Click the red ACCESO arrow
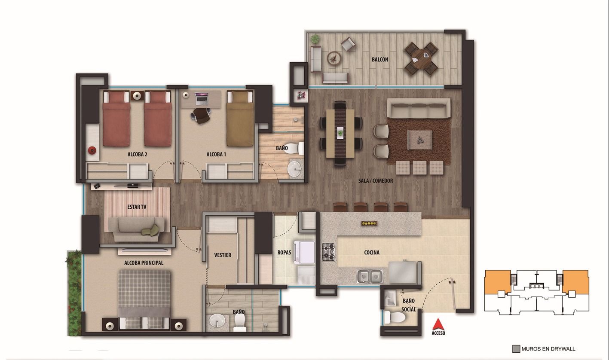click(438, 324)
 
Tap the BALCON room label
click(380, 60)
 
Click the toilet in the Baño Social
click(395, 317)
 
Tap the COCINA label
click(372, 253)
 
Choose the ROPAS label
click(285, 253)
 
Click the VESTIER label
click(223, 255)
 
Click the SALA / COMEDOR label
click(376, 181)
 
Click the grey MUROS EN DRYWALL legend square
click(516, 349)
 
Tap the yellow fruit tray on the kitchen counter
click(369, 223)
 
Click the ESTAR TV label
click(137, 207)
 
